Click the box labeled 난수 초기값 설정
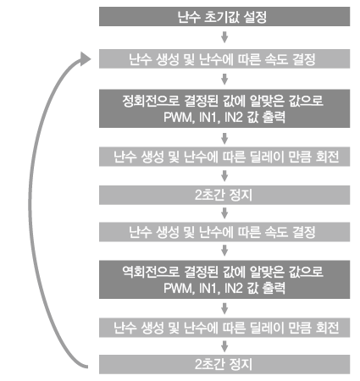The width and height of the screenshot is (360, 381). tap(224, 17)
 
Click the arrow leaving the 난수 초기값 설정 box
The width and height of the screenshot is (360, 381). tap(224, 37)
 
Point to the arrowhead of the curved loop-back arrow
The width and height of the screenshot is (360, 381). tap(85, 58)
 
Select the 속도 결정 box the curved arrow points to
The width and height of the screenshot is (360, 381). tap(224, 59)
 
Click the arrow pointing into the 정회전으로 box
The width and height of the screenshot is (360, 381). tap(224, 79)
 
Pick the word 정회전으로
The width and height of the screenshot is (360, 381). tap(151, 101)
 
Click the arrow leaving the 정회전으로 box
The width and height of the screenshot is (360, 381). tap(224, 139)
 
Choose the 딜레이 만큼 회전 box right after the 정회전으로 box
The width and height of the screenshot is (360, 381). tap(224, 157)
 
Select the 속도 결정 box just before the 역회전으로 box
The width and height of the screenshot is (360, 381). tap(224, 232)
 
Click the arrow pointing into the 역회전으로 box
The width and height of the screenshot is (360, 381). tap(224, 251)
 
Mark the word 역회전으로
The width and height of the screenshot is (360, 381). tap(151, 272)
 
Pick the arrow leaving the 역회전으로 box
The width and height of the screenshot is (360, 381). tap(224, 309)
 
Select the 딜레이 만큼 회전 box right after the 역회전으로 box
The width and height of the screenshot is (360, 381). tap(224, 328)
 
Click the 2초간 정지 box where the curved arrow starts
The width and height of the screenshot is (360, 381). tap(224, 364)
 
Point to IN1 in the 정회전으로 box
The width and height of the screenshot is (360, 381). tap(208, 117)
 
